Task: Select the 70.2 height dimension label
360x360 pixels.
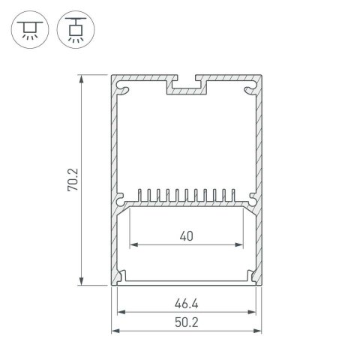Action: coord(73,179)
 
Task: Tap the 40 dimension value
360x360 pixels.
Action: coord(187,236)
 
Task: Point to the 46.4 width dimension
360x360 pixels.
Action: coord(187,305)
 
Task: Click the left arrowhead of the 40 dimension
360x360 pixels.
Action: coord(135,244)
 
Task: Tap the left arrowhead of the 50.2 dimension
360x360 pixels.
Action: coord(115,331)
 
